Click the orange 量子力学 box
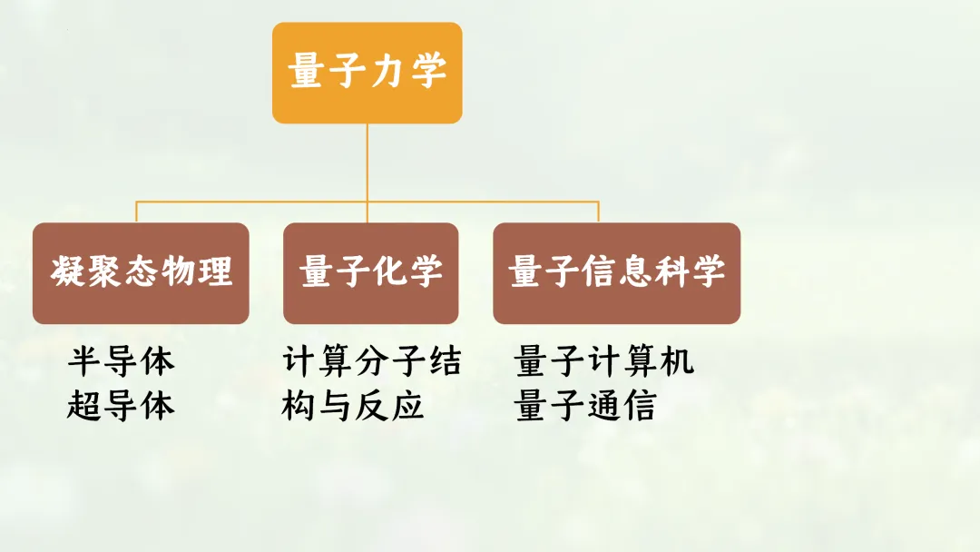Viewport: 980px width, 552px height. point(367,73)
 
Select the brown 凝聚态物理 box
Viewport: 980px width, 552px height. point(141,273)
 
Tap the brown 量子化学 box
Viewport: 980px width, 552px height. point(370,273)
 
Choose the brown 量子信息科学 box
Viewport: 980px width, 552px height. point(616,273)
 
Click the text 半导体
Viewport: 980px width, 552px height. point(121,361)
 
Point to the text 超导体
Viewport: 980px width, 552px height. point(121,406)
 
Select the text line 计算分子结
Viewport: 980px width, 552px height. point(372,361)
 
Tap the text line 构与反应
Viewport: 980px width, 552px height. point(353,406)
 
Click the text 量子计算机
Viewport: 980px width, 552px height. point(603,361)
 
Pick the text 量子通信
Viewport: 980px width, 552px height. point(584,406)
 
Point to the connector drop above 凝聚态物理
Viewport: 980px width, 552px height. point(137,212)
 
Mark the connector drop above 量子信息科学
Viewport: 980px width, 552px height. point(598,212)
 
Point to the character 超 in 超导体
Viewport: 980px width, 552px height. point(84,406)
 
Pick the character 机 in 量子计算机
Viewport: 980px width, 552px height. point(676,361)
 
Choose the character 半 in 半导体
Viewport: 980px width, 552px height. point(84,361)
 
